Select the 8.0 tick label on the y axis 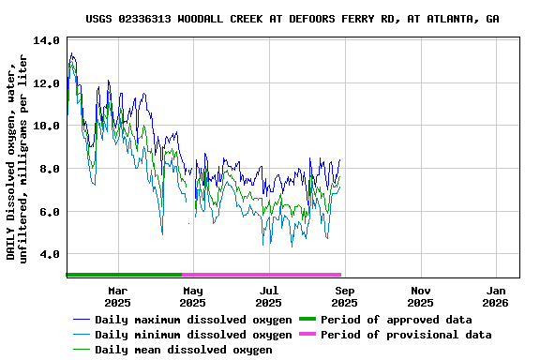[x=49, y=169]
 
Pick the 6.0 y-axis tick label [x=49, y=212]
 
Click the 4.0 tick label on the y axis [x=49, y=254]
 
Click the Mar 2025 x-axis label [x=117, y=296]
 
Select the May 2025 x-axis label [x=192, y=296]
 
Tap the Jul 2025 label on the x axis [x=268, y=296]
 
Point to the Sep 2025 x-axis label [x=344, y=296]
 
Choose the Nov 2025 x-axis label [x=420, y=296]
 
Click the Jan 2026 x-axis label [x=496, y=296]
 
